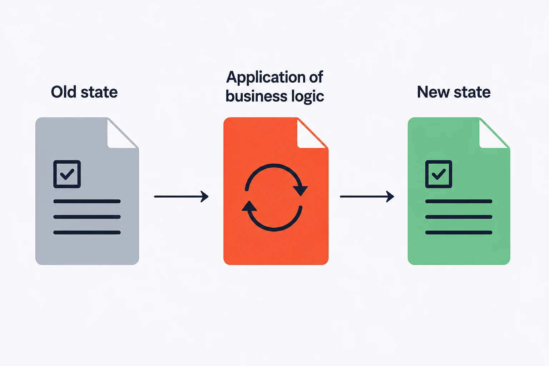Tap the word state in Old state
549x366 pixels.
pos(99,93)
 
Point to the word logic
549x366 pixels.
pos(308,97)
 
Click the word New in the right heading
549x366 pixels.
pos(433,92)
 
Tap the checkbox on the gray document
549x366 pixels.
pos(67,174)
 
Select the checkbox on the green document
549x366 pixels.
pos(439,174)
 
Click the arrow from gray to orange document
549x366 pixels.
pos(181,196)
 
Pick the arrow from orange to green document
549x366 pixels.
pos(367,196)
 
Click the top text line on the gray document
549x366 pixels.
pos(87,201)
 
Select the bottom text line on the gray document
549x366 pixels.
pos(87,232)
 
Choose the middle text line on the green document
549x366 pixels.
pos(459,217)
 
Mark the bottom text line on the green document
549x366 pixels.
pos(459,232)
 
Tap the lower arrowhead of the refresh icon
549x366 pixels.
pos(249,206)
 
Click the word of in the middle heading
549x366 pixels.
pos(316,77)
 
